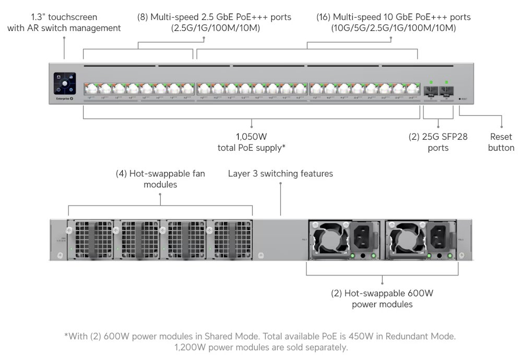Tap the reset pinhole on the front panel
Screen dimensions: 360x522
[459, 98]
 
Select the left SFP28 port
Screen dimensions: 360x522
[431, 90]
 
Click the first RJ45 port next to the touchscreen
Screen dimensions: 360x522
[90, 89]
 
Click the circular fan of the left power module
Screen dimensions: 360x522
[327, 238]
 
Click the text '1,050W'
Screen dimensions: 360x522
[251, 137]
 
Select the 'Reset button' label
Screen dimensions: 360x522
[501, 142]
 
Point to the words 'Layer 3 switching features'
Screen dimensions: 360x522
[280, 173]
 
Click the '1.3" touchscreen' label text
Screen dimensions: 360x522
[64, 17]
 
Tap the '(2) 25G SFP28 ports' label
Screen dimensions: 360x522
[438, 142]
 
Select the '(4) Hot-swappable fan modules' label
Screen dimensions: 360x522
[160, 179]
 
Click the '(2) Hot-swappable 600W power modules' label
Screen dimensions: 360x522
[382, 298]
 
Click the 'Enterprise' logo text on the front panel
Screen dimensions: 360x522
[62, 98]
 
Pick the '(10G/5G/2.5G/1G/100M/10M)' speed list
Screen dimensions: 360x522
[393, 28]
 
